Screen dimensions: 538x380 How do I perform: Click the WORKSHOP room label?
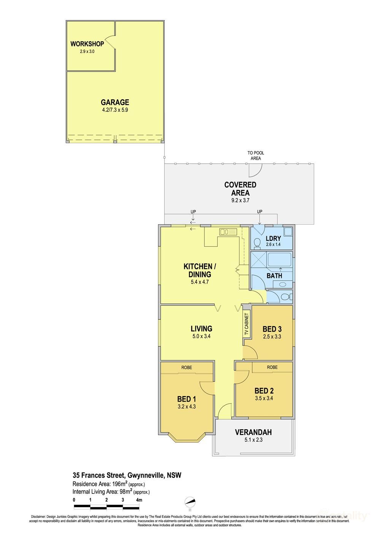click(87, 44)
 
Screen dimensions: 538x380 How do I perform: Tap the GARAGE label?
click(115, 102)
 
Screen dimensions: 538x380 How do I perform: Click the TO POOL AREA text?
click(256, 156)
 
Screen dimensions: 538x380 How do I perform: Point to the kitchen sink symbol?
click(228, 231)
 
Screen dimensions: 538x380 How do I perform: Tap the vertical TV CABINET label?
click(246, 324)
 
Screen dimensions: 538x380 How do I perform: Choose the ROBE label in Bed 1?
click(187, 367)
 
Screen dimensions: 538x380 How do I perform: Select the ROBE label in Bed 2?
click(272, 367)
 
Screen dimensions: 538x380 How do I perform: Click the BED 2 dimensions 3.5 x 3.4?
click(264, 398)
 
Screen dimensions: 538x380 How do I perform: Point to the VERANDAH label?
click(253, 432)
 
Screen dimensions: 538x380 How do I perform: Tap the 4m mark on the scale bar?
click(139, 500)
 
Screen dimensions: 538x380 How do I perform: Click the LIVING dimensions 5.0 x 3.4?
click(201, 336)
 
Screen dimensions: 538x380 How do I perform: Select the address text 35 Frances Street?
click(99, 475)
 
